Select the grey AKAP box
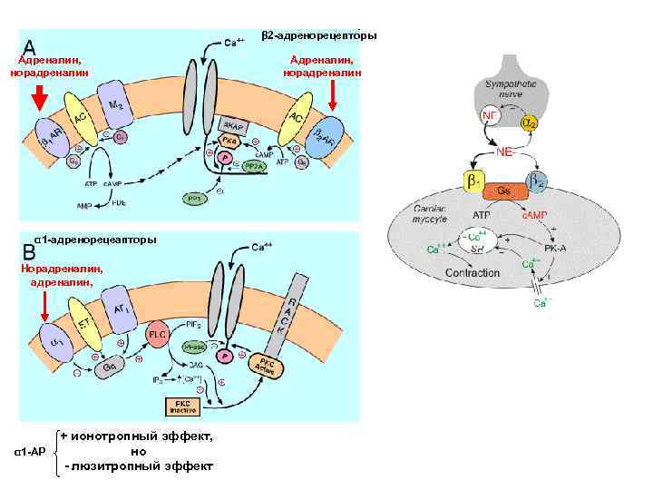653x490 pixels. (233, 128)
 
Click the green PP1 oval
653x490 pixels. (195, 198)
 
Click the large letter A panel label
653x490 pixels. (30, 47)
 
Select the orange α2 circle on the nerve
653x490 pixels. (528, 121)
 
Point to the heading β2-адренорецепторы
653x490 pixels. (319, 35)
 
